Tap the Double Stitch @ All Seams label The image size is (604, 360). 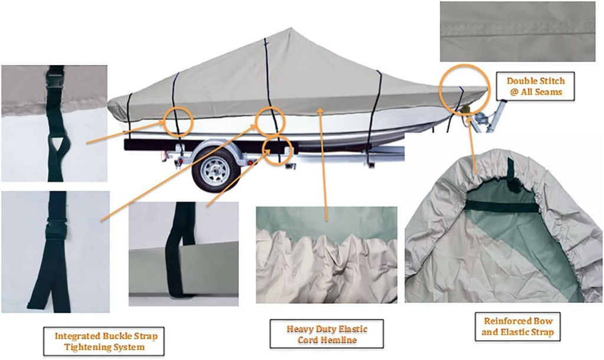(x=536, y=86)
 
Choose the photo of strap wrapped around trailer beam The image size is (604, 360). (x=183, y=254)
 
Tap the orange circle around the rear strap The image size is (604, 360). (x=178, y=121)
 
